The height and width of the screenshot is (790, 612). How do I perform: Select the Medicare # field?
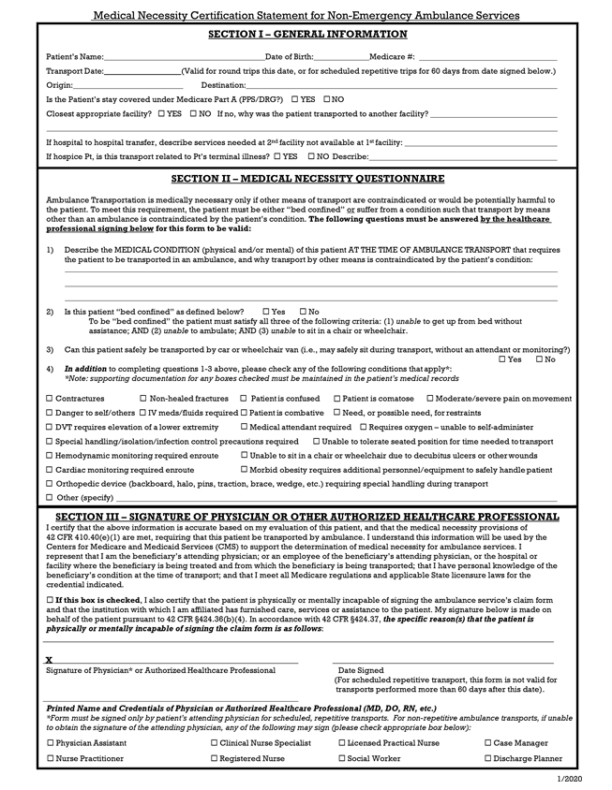pyautogui.click(x=487, y=59)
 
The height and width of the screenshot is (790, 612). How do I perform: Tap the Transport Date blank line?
pyautogui.click(x=141, y=72)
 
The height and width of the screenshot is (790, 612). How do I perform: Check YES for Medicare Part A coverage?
pyautogui.click(x=295, y=99)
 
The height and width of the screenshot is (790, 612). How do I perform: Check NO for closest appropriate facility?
pyautogui.click(x=192, y=113)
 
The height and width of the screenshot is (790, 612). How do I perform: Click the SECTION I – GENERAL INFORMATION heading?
pyautogui.click(x=307, y=35)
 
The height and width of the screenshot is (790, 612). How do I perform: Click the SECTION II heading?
pyautogui.click(x=307, y=179)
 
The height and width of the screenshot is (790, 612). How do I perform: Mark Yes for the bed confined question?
pyautogui.click(x=266, y=312)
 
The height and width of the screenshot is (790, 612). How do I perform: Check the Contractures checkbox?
pyautogui.click(x=50, y=399)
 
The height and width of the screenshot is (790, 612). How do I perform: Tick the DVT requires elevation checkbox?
pyautogui.click(x=50, y=427)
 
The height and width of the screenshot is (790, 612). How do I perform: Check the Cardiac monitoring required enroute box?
pyautogui.click(x=50, y=470)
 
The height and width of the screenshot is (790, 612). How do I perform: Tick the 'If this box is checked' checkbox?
pyautogui.click(x=50, y=598)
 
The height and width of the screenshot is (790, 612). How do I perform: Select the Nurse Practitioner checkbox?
pyautogui.click(x=50, y=759)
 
